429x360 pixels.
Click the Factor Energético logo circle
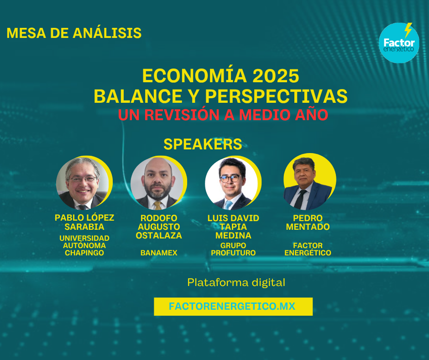(x=398, y=43)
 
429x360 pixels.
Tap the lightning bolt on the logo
(x=408, y=30)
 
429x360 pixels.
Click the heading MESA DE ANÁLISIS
(x=74, y=33)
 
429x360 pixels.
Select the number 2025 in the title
(x=276, y=76)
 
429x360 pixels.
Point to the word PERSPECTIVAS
(x=276, y=96)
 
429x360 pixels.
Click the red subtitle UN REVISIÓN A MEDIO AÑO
(x=223, y=115)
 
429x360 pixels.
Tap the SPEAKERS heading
(x=203, y=144)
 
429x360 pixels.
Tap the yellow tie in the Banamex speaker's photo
(x=157, y=206)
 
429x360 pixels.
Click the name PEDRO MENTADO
(x=308, y=222)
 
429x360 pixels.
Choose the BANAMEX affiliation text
(x=159, y=253)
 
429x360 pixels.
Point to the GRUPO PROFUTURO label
(x=233, y=249)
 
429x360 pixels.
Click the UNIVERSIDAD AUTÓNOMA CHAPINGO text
(x=84, y=245)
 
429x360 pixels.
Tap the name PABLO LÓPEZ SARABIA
(x=84, y=222)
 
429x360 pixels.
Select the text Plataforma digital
(x=236, y=282)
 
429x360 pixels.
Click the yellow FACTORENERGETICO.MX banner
(x=233, y=306)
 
